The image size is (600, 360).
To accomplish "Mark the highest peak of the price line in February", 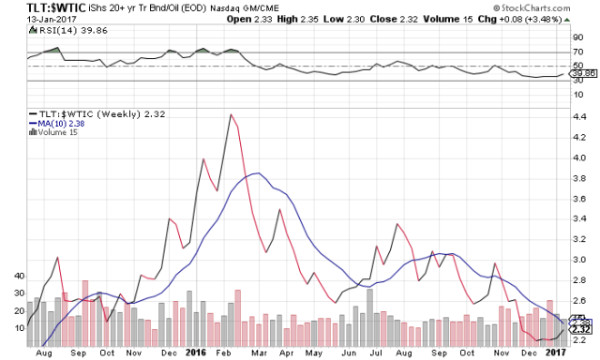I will click(x=231, y=114).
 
